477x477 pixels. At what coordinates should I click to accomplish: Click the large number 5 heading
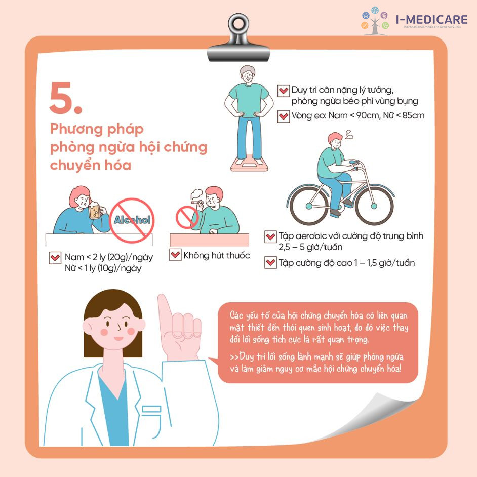(65, 98)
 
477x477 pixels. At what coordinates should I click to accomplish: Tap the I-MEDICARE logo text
(431, 19)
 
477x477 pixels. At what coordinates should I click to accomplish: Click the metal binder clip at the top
(238, 37)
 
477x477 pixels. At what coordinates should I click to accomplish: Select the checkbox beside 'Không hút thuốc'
(175, 255)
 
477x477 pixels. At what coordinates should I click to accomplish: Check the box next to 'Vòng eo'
(283, 116)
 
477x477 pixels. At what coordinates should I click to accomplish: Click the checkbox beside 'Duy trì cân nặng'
(283, 91)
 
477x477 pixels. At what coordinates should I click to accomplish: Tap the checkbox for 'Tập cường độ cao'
(270, 262)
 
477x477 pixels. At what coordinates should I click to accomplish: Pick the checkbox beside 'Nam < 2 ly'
(55, 258)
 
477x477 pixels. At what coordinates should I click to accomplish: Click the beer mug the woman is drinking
(95, 211)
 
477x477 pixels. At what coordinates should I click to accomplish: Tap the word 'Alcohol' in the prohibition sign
(132, 220)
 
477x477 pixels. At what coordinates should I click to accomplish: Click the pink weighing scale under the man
(249, 163)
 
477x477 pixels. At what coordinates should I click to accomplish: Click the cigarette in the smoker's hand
(195, 202)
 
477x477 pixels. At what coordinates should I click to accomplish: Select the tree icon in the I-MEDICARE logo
(375, 21)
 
